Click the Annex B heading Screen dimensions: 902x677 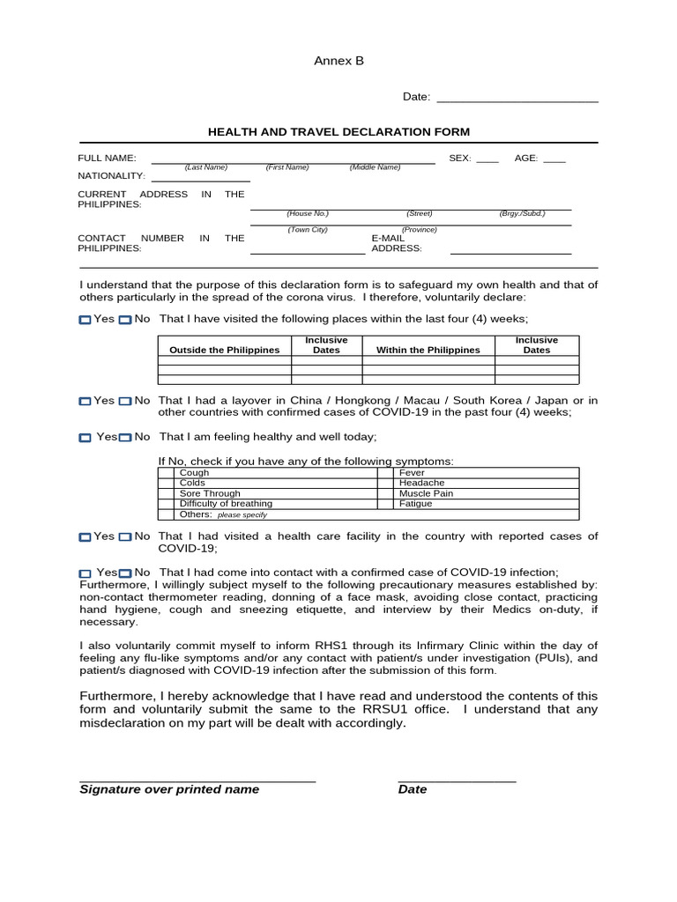pyautogui.click(x=338, y=61)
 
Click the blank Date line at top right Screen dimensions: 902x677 pyautogui.click(x=517, y=98)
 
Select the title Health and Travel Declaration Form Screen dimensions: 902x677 pyautogui.click(x=338, y=131)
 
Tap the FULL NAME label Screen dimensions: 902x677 pyautogui.click(x=107, y=158)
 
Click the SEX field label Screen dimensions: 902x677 pyautogui.click(x=460, y=158)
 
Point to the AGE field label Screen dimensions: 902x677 pyautogui.click(x=526, y=158)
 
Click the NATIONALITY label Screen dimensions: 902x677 pyautogui.click(x=111, y=175)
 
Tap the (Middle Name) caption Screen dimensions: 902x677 pyautogui.click(x=375, y=166)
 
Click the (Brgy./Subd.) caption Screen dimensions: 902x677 pyautogui.click(x=523, y=213)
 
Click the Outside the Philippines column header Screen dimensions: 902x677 pyautogui.click(x=224, y=350)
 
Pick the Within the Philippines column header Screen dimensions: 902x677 pyautogui.click(x=428, y=350)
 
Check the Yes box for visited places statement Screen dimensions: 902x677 pyautogui.click(x=85, y=320)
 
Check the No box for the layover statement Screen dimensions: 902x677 pyautogui.click(x=125, y=402)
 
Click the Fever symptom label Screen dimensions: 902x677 pyautogui.click(x=412, y=473)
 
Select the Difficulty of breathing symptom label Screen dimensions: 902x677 pyautogui.click(x=219, y=504)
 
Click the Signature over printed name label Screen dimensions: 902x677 pyautogui.click(x=169, y=789)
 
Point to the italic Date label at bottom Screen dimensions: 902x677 pyautogui.click(x=413, y=789)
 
